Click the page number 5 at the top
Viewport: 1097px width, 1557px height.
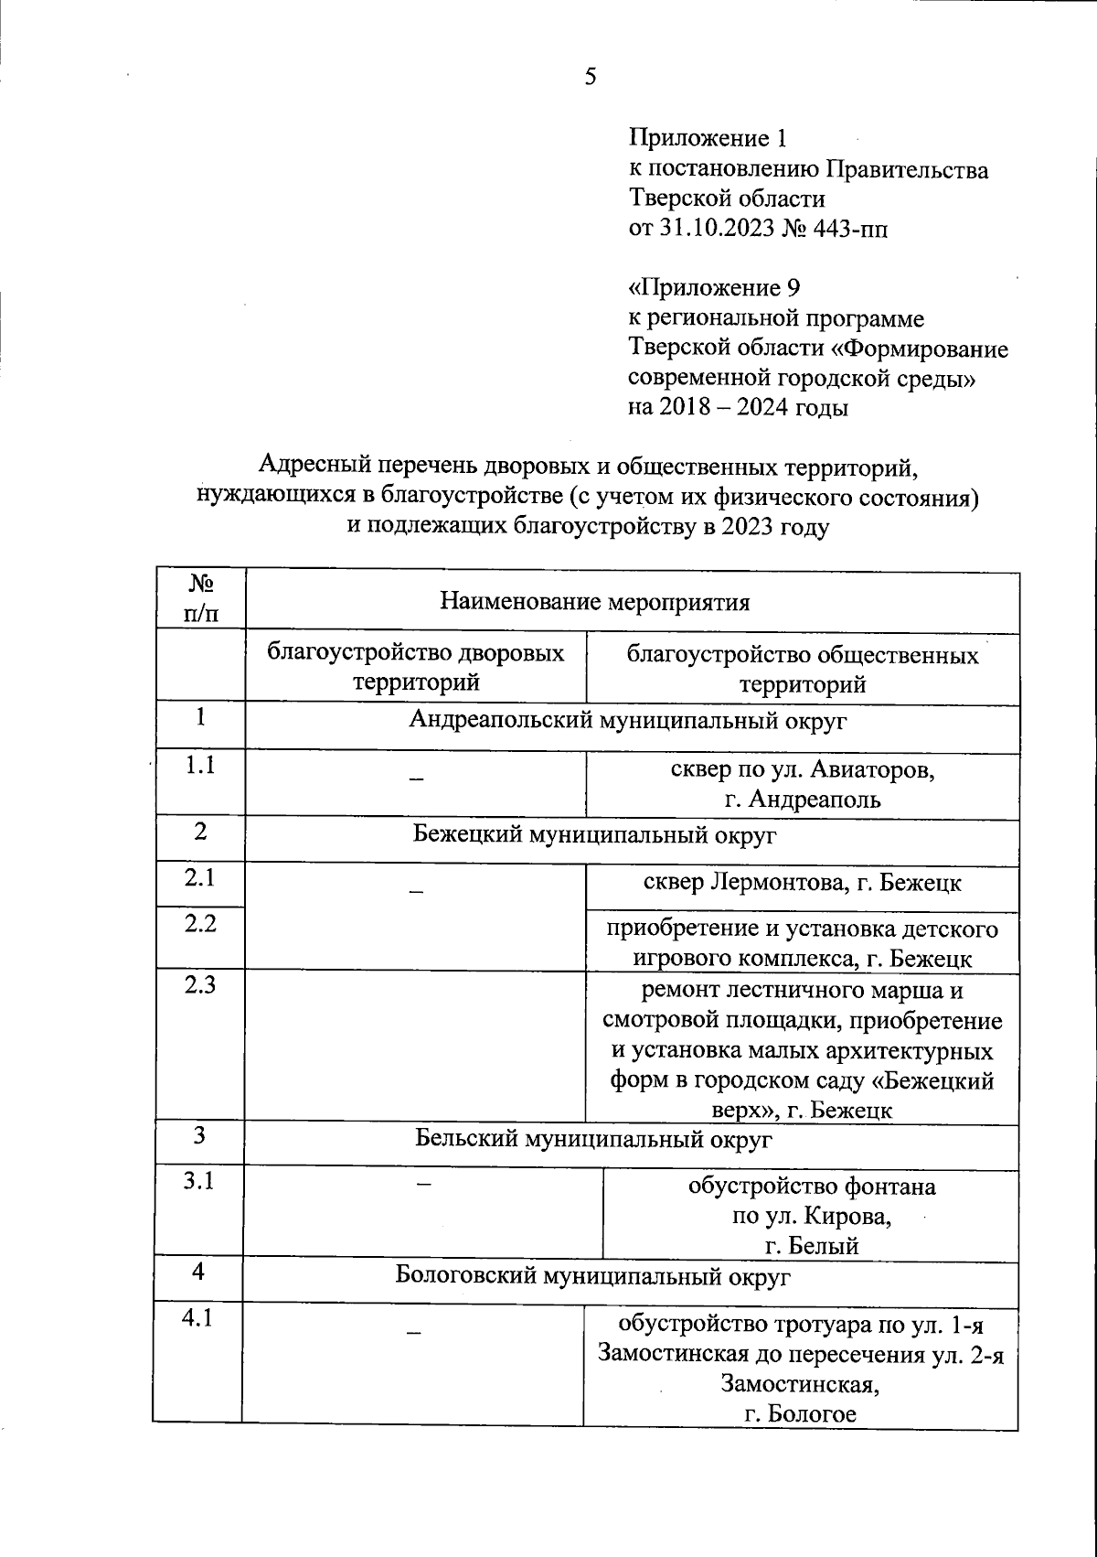coord(591,77)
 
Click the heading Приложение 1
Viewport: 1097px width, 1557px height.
coord(708,139)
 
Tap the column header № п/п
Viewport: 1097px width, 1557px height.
coord(201,599)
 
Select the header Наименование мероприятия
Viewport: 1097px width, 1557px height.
coord(595,602)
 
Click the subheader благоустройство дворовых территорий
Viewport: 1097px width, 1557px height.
coord(416,668)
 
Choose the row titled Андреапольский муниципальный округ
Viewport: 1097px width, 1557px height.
coord(628,720)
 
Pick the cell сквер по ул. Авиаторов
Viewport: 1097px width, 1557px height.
coord(803,769)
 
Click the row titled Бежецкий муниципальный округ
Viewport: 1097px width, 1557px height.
coord(594,834)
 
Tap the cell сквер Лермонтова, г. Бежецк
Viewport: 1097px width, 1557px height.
coord(801,882)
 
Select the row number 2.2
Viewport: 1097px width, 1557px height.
coord(199,923)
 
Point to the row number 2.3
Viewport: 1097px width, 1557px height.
coord(199,984)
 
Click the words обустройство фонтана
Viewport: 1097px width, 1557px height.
coord(812,1187)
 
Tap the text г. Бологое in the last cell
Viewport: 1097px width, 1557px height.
coord(801,1414)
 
